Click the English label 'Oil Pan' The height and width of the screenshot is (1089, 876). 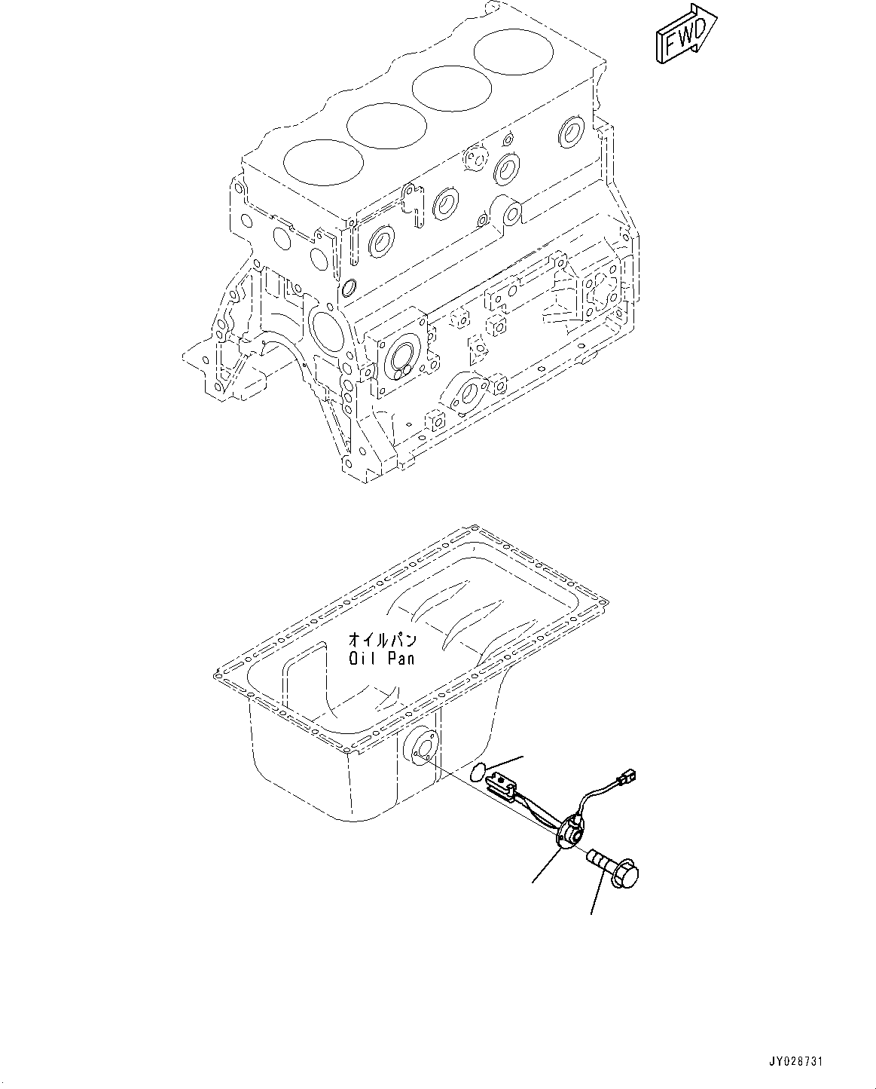381,659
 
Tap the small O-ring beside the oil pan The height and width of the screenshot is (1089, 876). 477,771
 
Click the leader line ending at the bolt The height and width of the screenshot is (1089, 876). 597,897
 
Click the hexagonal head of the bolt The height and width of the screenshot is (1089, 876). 627,877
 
